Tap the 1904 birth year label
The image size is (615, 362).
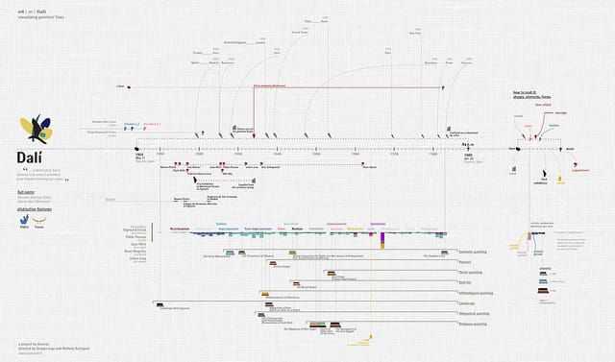coord(139,154)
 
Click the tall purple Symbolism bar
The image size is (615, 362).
coord(382,239)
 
